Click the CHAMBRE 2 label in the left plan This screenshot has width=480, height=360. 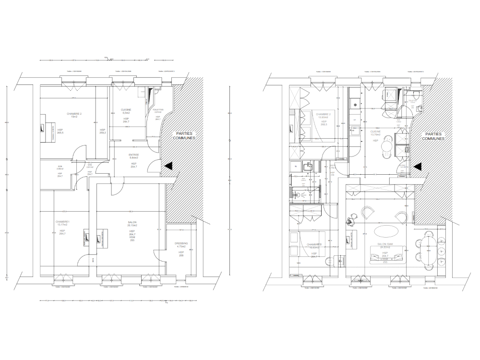pos(74,114)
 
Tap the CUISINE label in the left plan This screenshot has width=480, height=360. pos(126,110)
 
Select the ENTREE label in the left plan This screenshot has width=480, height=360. pos(133,155)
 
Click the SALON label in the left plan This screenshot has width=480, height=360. pos(132,222)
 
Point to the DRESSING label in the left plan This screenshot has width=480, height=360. pos(181,244)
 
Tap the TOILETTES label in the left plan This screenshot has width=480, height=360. pos(158,110)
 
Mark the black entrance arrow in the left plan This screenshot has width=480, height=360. pos(168,166)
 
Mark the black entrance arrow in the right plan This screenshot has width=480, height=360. pos(417,166)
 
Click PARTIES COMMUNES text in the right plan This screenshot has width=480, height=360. pos(433,137)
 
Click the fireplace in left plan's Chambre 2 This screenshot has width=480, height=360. pos(44,128)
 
